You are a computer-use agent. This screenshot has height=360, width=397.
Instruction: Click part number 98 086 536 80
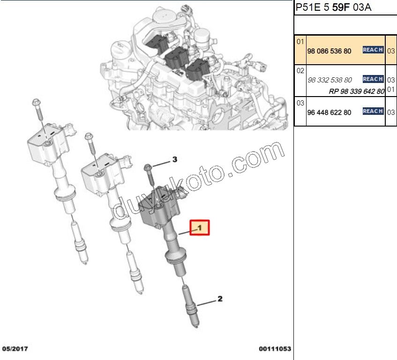(x=329, y=51)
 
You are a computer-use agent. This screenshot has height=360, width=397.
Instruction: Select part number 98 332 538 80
(x=330, y=80)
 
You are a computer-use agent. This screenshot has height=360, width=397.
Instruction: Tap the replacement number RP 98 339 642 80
(x=357, y=91)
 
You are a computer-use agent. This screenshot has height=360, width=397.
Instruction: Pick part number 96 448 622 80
(x=329, y=112)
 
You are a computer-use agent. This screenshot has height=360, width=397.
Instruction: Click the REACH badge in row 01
(x=373, y=50)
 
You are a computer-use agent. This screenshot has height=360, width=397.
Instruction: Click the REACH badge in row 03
(x=373, y=111)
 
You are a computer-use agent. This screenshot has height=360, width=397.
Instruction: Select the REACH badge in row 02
(x=373, y=79)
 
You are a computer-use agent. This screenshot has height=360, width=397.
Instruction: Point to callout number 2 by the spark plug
(x=219, y=299)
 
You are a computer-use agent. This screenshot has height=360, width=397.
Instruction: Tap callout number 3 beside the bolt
(x=174, y=160)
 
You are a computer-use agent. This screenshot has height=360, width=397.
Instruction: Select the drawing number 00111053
(x=275, y=349)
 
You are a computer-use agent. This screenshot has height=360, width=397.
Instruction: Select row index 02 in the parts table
(x=300, y=70)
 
